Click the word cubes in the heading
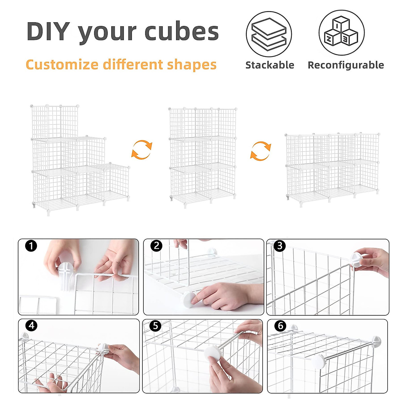[181, 32]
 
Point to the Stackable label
[270, 65]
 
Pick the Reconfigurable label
[346, 65]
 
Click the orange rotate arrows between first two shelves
[142, 149]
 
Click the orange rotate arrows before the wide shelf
[261, 151]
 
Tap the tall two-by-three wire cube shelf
[203, 156]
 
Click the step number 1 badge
[31, 246]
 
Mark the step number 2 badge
[156, 246]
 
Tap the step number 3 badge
[279, 246]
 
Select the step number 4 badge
[31, 325]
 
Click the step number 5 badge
[155, 325]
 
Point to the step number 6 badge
[280, 325]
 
